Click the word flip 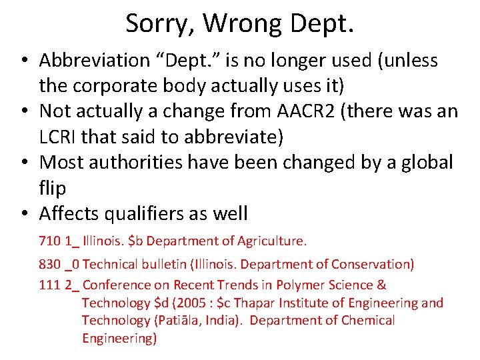click(53, 188)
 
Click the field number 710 click(50, 240)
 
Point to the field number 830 click(50, 265)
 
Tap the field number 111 click(50, 285)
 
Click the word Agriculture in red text click(270, 240)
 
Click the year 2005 click(195, 303)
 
